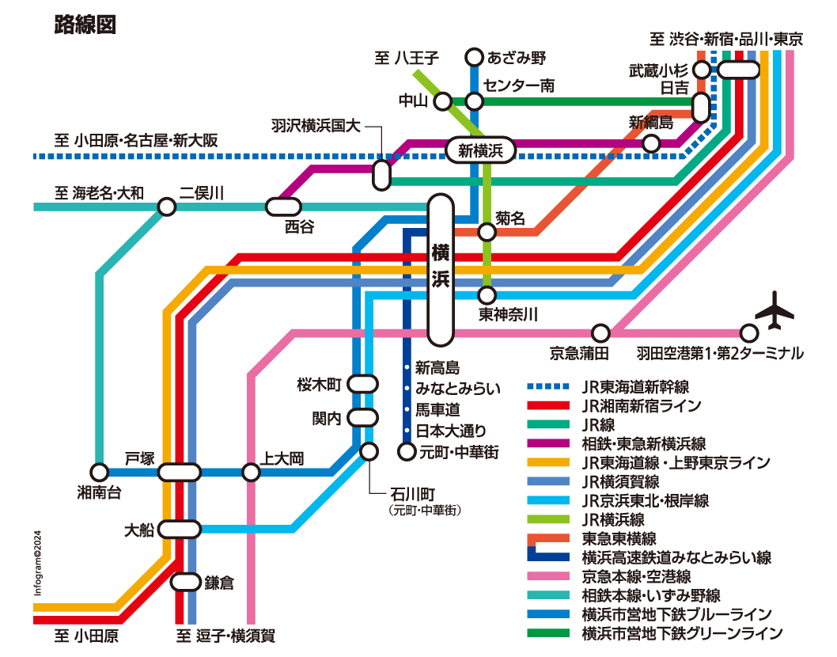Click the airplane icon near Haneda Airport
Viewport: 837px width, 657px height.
coord(775,310)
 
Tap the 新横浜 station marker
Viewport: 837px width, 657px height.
coord(480,150)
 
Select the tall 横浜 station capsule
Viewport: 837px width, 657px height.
coord(441,270)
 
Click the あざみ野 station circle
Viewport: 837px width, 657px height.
coord(474,57)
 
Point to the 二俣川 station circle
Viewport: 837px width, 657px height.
coord(167,207)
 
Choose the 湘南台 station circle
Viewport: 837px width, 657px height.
coord(100,473)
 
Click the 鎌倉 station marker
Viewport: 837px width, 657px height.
coord(186,582)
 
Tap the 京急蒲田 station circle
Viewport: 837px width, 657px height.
coord(601,332)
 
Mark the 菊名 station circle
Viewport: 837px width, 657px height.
coord(487,232)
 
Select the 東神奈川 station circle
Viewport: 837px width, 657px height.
coord(487,294)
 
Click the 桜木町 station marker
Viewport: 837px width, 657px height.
coord(362,384)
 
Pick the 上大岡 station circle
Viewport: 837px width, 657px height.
coord(251,473)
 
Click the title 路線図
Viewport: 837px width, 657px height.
coord(85,25)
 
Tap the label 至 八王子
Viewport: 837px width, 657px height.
coord(406,57)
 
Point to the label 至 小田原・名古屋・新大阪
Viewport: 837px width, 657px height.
coord(136,140)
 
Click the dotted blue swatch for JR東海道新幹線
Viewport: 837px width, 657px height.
coord(548,386)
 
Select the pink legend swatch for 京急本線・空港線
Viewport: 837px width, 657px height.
coord(548,576)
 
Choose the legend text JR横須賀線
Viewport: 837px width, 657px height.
coord(621,481)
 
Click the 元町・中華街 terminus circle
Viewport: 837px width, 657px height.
coord(407,451)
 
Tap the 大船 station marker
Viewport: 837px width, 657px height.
coord(180,529)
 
